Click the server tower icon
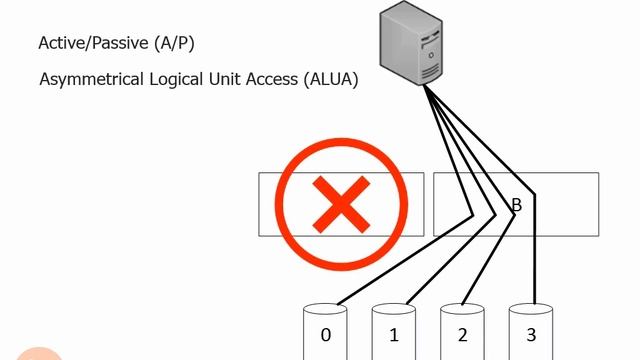[409, 45]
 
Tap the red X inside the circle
[340, 204]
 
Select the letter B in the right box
[517, 206]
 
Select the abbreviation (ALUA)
[329, 78]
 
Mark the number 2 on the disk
[463, 335]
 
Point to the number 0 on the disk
[326, 335]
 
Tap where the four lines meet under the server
[424, 88]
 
